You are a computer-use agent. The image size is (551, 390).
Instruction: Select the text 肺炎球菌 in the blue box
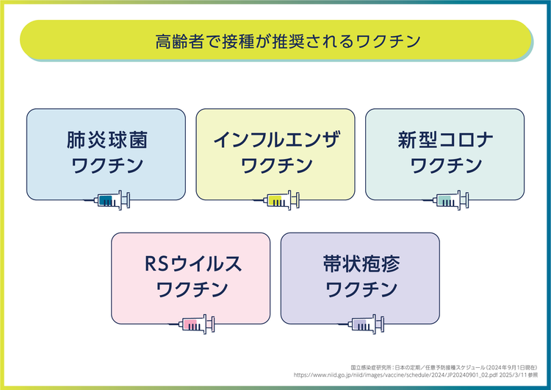(x=106, y=140)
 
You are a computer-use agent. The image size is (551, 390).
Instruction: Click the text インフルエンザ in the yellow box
(x=275, y=140)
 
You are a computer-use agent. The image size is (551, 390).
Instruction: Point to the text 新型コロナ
(x=445, y=140)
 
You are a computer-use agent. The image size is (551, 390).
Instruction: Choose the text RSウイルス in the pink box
(x=191, y=263)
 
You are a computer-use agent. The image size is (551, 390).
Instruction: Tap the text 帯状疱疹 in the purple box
(x=360, y=263)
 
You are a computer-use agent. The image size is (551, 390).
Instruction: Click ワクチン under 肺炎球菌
(x=106, y=166)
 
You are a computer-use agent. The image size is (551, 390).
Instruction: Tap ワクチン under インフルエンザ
(x=275, y=166)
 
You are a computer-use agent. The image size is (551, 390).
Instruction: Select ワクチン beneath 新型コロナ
(x=445, y=166)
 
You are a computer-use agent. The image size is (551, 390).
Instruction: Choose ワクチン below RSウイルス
(x=191, y=289)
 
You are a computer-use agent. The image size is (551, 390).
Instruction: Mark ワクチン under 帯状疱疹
(x=360, y=289)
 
